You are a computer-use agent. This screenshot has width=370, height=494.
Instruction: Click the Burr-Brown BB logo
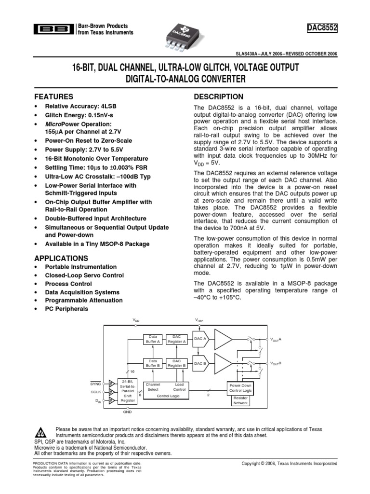click(x=53, y=29)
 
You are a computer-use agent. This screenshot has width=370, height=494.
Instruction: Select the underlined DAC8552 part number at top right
click(x=322, y=30)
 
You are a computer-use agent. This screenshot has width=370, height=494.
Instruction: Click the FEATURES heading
click(x=54, y=96)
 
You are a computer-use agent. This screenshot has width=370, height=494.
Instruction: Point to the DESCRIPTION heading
click(x=218, y=97)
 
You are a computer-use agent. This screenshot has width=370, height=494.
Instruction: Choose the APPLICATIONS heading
click(x=62, y=258)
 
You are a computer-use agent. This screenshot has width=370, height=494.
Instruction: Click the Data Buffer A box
click(x=153, y=339)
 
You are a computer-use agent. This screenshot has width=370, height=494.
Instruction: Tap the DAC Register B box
click(x=176, y=363)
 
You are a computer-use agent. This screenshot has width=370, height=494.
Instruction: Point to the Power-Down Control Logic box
click(x=240, y=388)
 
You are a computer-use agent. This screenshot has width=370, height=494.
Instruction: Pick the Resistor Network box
click(x=240, y=400)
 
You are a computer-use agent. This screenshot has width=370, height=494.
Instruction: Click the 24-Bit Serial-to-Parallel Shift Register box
click(x=128, y=391)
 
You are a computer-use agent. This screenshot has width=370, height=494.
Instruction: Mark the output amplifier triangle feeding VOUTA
click(x=223, y=339)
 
